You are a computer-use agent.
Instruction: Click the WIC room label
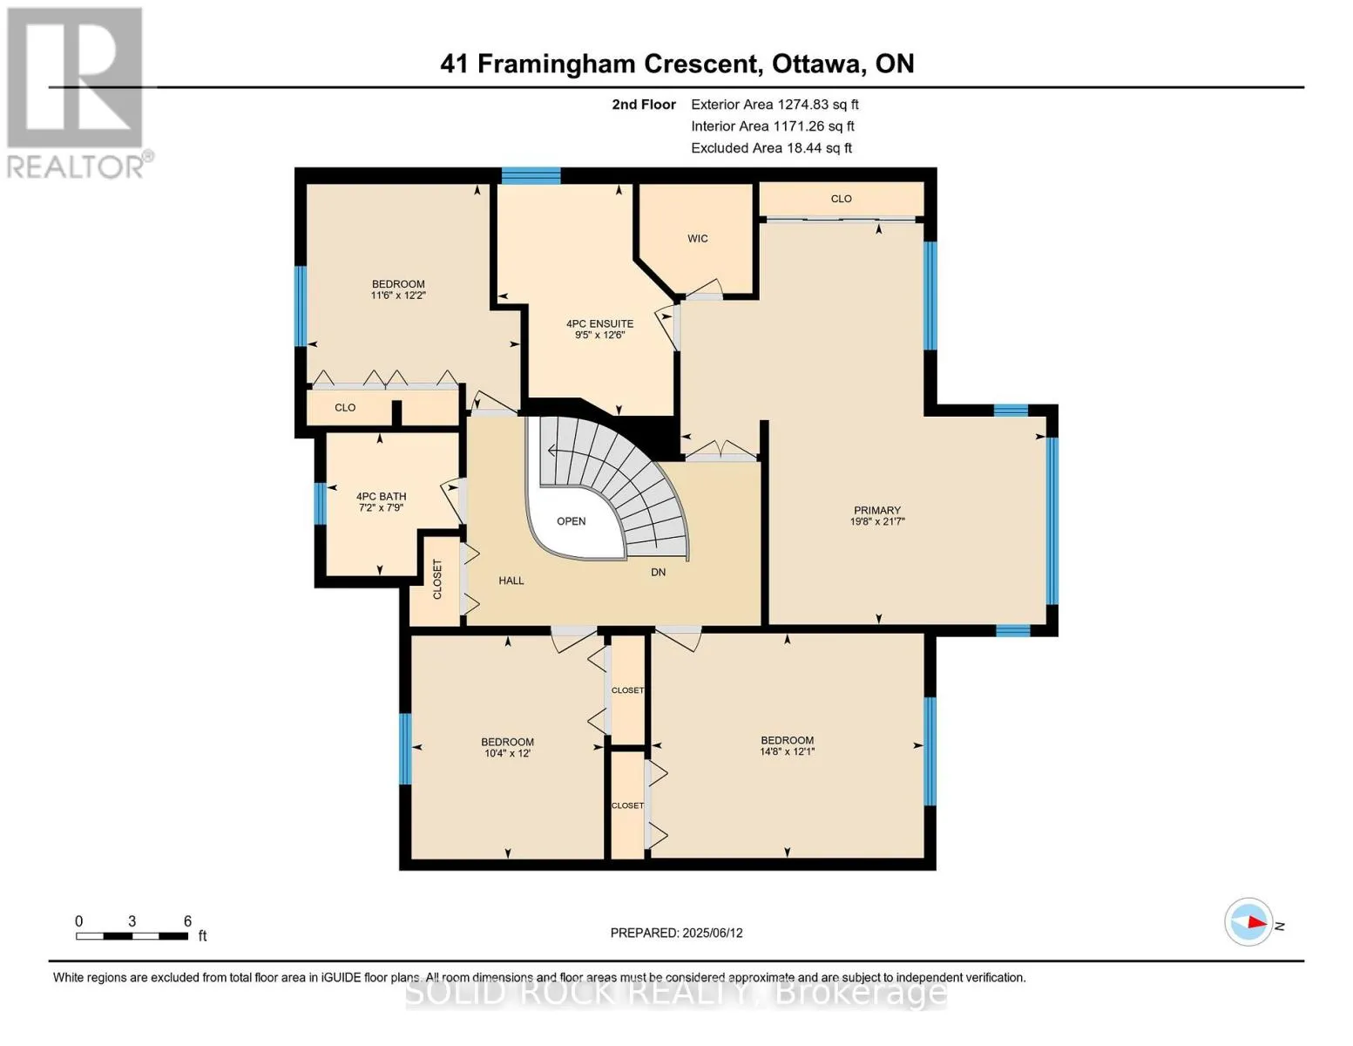pos(697,239)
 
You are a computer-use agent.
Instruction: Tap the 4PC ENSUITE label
pos(599,324)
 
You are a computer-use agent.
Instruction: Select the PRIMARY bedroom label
pos(877,510)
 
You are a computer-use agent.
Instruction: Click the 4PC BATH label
pos(381,497)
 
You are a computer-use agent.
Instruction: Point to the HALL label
pos(511,581)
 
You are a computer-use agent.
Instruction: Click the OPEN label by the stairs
pos(571,521)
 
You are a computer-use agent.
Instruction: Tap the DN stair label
pos(658,572)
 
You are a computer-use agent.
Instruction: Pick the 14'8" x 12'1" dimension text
pos(787,751)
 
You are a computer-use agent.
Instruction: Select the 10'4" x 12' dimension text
pos(507,753)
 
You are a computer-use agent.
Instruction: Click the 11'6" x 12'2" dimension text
pos(398,295)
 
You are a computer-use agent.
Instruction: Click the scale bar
pos(132,935)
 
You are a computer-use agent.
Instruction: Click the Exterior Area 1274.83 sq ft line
pos(775,105)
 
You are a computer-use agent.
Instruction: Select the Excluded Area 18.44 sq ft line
pos(771,148)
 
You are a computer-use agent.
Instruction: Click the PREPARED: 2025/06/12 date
pos(676,933)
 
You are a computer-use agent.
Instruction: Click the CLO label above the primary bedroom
pos(841,199)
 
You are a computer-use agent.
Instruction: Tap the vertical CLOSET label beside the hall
pos(437,580)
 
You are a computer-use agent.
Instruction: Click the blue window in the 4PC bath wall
pos(320,504)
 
